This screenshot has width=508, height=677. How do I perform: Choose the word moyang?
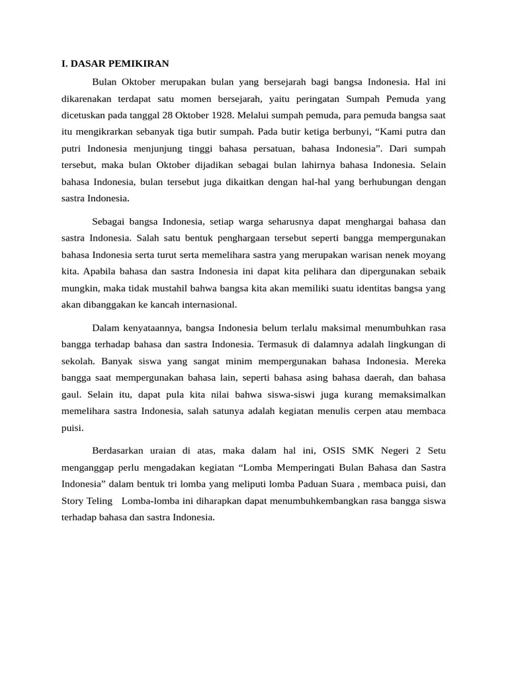[x=430, y=254]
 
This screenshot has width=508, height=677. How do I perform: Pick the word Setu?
[x=436, y=451]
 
